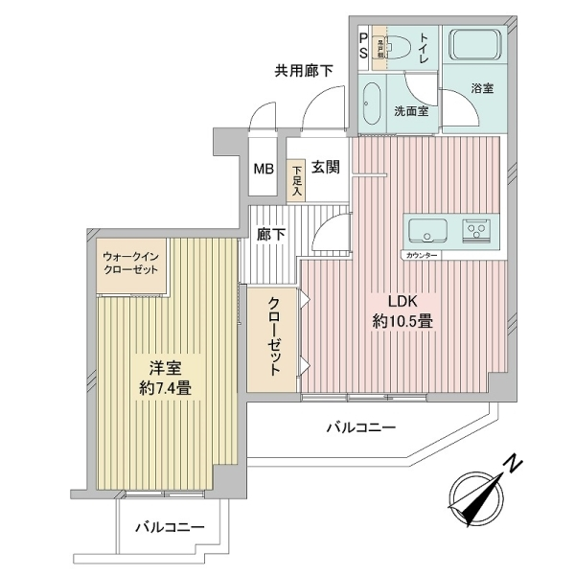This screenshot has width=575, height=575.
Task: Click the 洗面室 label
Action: coord(411,111)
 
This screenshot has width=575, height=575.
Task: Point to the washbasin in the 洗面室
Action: coord(374,105)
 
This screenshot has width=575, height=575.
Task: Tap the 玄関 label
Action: coord(326,167)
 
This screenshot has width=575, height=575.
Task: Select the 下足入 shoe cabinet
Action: coord(297,179)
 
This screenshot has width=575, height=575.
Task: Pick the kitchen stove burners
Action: coord(476,231)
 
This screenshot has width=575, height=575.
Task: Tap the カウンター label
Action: coord(422,257)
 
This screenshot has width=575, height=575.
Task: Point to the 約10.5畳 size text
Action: coord(402,322)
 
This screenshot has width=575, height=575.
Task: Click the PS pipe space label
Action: coord(363,46)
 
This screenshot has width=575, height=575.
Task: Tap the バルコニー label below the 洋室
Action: coord(169,527)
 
